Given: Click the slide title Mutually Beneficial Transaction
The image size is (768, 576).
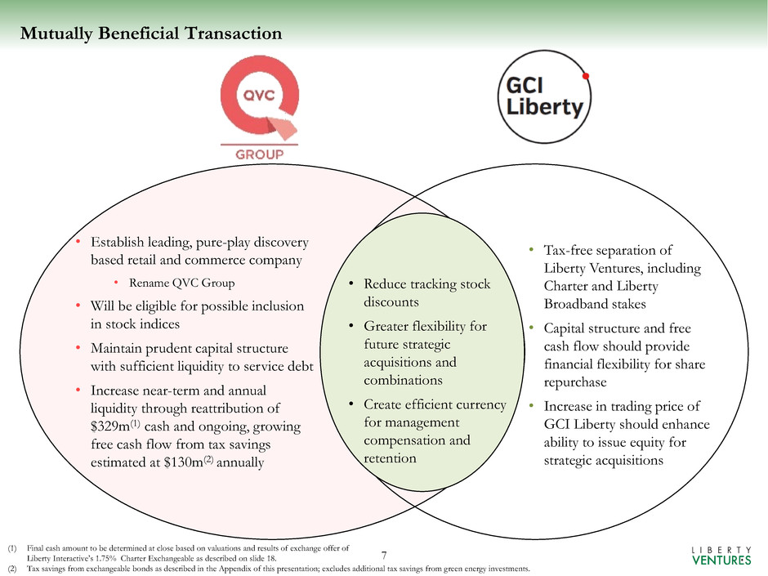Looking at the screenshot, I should tap(151, 33).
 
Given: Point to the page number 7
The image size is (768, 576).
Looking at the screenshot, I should tap(385, 556).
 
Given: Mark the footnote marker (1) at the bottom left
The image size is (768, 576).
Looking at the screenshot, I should tap(11, 548).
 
